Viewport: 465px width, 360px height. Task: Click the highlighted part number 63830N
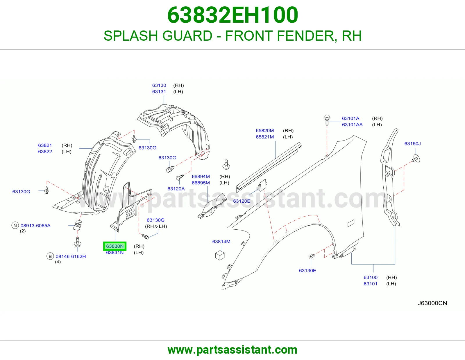115,246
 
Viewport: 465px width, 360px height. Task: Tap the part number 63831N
115,253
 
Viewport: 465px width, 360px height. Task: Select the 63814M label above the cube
221,242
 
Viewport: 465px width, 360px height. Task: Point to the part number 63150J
412,144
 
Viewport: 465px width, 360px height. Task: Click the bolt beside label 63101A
327,120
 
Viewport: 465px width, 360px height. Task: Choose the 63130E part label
307,271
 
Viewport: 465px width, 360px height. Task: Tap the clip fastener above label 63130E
312,256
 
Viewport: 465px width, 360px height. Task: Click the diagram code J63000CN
432,303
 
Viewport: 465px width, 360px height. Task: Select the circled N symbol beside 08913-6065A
15,226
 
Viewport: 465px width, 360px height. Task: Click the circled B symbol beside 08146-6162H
50,256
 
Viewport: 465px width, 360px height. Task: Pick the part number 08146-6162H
71,256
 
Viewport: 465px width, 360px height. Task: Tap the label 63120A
176,189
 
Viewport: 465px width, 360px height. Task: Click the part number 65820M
265,131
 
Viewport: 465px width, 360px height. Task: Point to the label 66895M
201,183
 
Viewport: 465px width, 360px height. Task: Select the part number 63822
45,152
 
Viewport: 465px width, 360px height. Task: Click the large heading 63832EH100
233,15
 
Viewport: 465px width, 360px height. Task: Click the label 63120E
242,201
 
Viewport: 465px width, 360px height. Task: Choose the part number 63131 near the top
159,92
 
